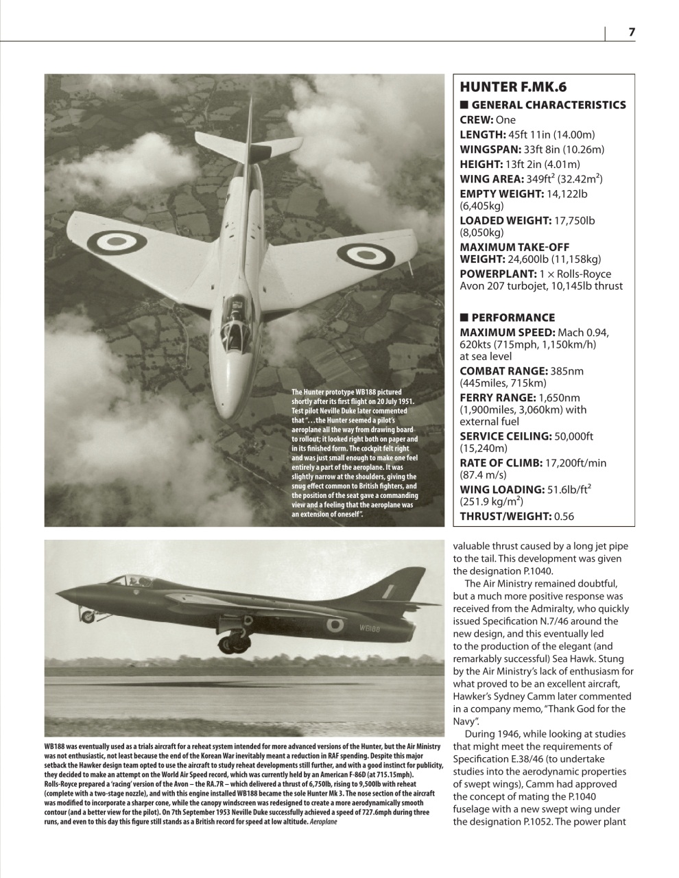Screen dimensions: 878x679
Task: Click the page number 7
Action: [632, 32]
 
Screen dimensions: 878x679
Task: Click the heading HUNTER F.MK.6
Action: [513, 87]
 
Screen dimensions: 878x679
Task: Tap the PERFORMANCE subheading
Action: [512, 318]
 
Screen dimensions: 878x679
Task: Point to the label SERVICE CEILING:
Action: [505, 436]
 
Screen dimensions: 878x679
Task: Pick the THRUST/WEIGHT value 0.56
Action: [564, 517]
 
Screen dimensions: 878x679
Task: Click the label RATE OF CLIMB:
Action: [500, 463]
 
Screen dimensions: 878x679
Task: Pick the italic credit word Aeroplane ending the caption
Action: [323, 821]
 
